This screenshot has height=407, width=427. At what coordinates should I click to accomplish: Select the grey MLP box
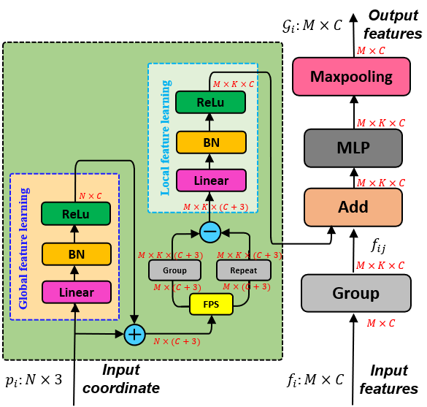pyautogui.click(x=353, y=148)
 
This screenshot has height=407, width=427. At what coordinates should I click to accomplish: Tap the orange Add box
pyautogui.click(x=353, y=207)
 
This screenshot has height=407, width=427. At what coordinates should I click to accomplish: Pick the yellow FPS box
pyautogui.click(x=211, y=303)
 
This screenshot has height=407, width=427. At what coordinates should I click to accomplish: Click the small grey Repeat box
pyautogui.click(x=243, y=270)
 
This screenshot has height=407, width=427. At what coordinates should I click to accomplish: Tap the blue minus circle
pyautogui.click(x=210, y=232)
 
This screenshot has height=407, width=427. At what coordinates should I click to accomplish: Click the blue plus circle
pyautogui.click(x=134, y=335)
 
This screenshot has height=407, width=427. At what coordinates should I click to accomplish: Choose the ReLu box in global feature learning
pyautogui.click(x=76, y=213)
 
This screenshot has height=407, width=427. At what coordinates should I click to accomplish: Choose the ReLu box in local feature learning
pyautogui.click(x=210, y=103)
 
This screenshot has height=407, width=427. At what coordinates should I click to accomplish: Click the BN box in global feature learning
pyautogui.click(x=76, y=254)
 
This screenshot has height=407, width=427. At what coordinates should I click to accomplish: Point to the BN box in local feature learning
pyautogui.click(x=210, y=141)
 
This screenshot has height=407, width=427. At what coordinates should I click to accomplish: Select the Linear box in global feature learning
pyautogui.click(x=76, y=292)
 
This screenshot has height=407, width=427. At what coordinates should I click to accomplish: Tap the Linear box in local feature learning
pyautogui.click(x=210, y=180)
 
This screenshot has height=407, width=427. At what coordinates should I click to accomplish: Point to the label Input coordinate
pyautogui.click(x=120, y=379)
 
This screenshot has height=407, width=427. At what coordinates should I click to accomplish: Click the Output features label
pyautogui.click(x=394, y=24)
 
